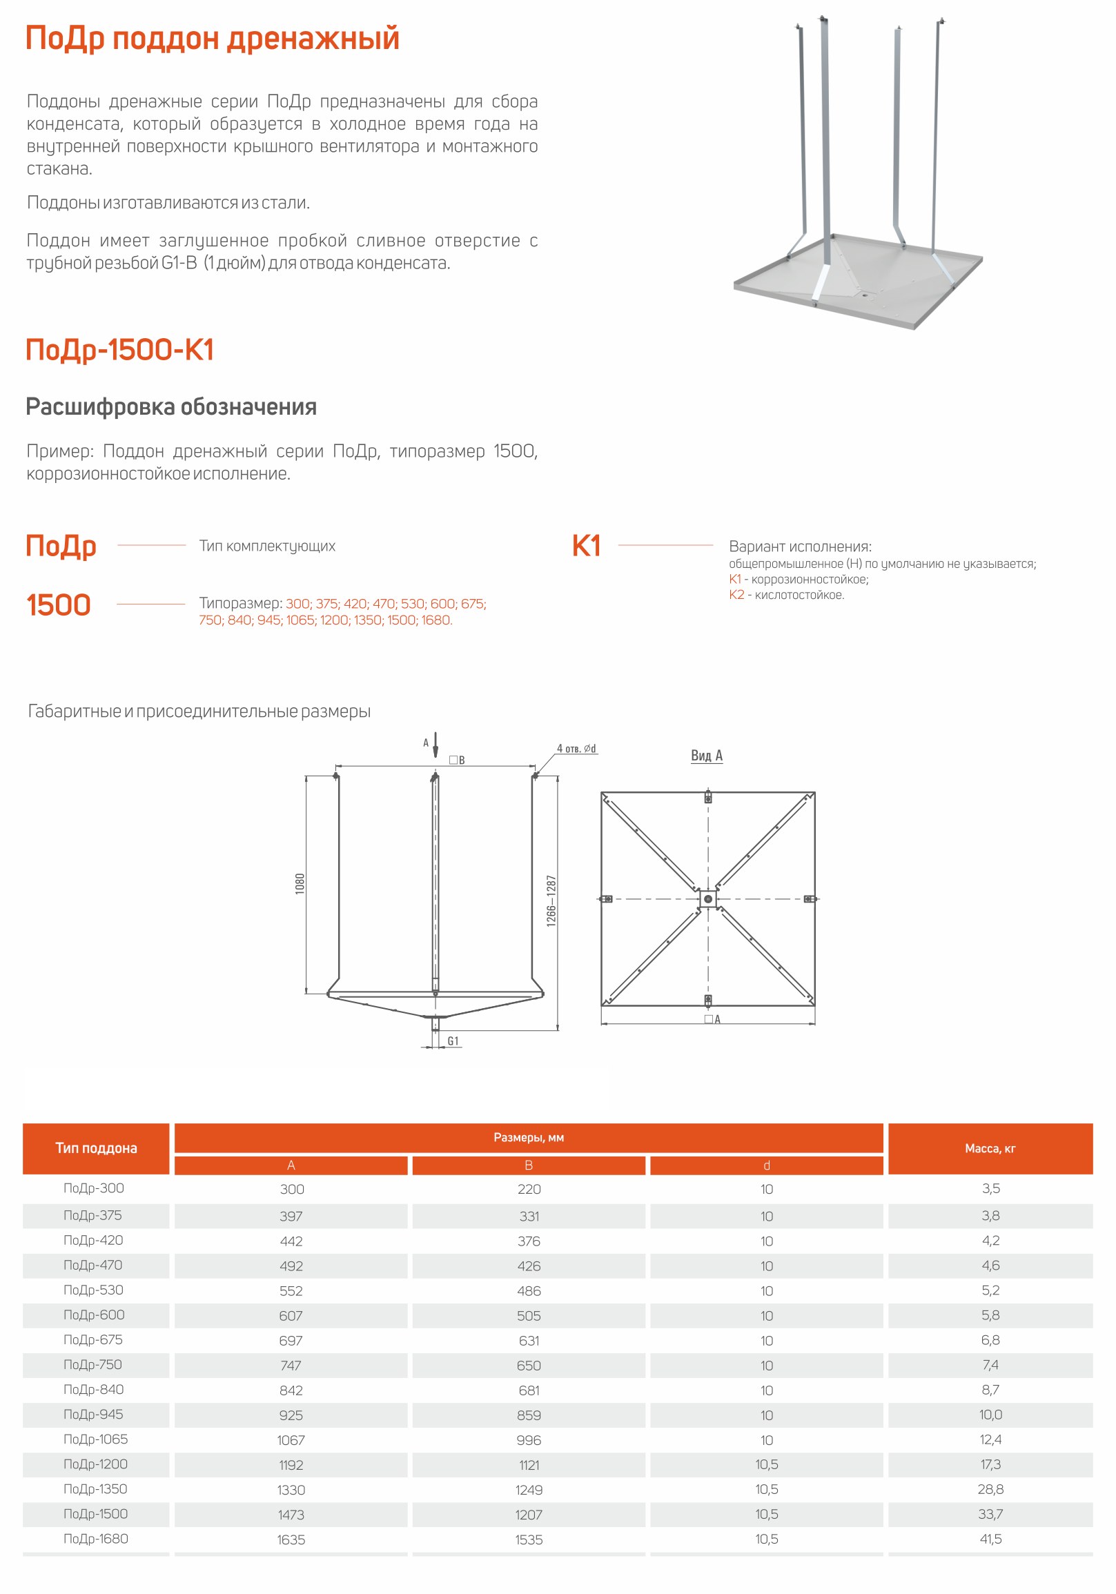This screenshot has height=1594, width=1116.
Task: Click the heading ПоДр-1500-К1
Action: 119,350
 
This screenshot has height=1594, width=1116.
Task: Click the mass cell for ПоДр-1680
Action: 990,1539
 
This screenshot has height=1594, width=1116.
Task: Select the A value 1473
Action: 291,1514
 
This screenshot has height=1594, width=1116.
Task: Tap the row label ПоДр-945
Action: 93,1413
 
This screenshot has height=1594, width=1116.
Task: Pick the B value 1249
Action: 529,1489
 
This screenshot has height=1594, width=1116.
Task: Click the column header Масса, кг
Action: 990,1148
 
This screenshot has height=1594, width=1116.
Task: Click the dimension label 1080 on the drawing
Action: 300,883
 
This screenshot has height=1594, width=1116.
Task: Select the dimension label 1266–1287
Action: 551,901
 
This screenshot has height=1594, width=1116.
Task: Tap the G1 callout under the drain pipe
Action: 453,1041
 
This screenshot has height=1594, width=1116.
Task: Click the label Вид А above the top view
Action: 706,756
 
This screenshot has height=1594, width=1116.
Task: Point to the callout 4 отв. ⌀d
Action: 576,749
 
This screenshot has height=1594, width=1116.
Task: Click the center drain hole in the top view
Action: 707,899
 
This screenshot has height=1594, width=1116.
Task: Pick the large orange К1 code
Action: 586,546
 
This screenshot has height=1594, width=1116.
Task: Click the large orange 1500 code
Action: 59,604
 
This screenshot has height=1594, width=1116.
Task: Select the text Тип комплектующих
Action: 266,546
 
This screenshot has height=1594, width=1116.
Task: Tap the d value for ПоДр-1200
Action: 767,1464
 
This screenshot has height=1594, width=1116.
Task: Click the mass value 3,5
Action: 990,1188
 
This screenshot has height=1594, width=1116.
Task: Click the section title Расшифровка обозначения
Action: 171,407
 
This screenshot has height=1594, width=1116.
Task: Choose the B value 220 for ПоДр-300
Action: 529,1188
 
